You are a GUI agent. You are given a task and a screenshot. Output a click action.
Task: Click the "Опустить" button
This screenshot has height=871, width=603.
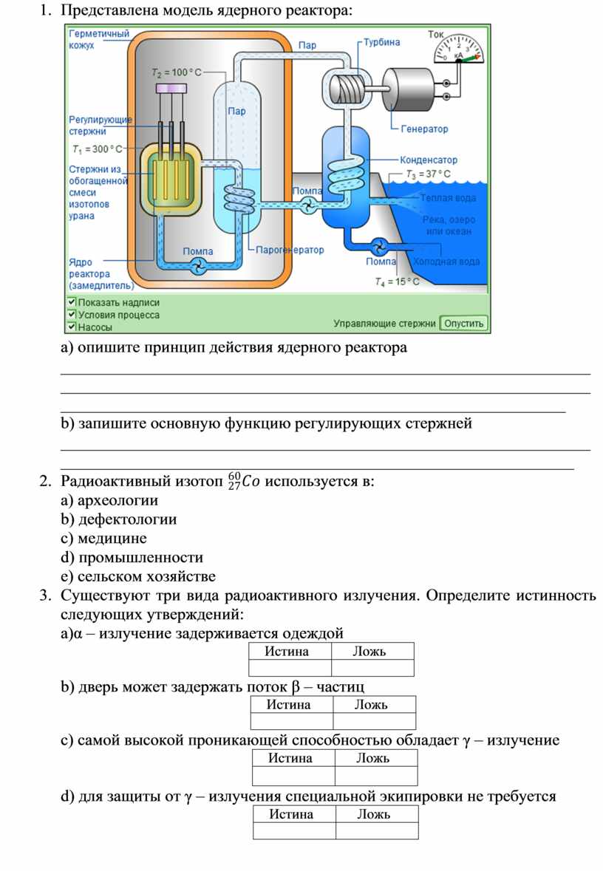point(463,324)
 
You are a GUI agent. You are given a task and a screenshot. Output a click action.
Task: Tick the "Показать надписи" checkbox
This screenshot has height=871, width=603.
point(72,301)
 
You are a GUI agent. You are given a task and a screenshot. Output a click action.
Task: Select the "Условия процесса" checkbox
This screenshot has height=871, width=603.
point(72,314)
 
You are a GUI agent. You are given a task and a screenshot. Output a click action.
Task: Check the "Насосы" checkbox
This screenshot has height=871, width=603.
point(72,326)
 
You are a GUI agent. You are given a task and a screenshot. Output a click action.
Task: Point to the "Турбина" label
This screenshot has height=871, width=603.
point(382,42)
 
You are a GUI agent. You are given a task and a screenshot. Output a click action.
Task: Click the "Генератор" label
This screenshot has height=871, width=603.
point(424,129)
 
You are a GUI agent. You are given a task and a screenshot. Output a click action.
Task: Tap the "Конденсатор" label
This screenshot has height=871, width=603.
point(429,160)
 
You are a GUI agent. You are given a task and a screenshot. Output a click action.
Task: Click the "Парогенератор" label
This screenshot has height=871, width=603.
point(290,250)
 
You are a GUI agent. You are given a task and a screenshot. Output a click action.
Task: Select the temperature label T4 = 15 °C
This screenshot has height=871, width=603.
point(397,281)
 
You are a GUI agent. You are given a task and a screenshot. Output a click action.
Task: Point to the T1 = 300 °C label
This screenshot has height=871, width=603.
point(97,149)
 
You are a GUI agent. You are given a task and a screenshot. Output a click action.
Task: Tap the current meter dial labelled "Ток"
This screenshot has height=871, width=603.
point(458,49)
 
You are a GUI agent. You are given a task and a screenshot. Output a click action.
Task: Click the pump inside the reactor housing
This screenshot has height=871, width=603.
point(198,267)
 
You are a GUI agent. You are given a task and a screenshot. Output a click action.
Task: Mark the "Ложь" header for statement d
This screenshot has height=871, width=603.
point(373,814)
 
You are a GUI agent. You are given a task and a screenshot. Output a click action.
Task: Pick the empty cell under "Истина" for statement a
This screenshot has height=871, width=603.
point(290,668)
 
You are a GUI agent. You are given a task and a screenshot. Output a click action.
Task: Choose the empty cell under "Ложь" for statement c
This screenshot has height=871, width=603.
point(375,776)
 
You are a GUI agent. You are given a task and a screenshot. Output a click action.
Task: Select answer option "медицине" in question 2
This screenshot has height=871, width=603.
point(112,539)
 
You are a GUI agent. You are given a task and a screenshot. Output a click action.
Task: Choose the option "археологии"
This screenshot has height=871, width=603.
point(117,500)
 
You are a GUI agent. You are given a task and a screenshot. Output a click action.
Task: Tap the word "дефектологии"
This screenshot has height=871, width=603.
point(128,519)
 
